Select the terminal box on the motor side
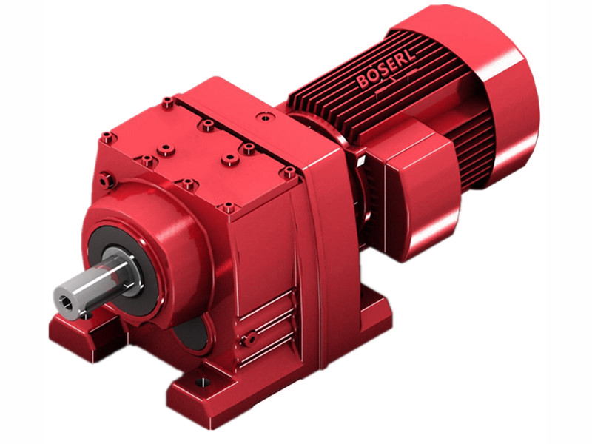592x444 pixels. pos(414,189)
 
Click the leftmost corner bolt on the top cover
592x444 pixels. pos(107,137)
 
